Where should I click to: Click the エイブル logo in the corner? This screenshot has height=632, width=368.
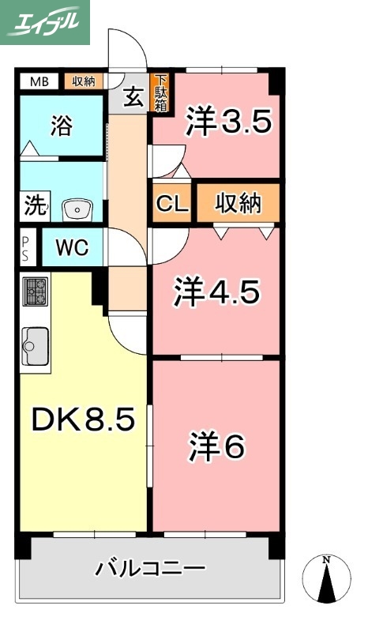[x=45, y=22]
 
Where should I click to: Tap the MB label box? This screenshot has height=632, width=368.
[x=38, y=81]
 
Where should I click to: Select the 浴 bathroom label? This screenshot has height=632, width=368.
[x=61, y=126]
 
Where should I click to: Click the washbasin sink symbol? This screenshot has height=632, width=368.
[x=77, y=209]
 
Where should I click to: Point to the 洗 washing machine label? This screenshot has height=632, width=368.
[x=34, y=207]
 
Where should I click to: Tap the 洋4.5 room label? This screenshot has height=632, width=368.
[x=216, y=293]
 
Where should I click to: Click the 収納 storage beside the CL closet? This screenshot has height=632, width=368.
[x=238, y=204]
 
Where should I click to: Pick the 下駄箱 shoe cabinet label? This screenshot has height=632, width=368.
[x=160, y=93]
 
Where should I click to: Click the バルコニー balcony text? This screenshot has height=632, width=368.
[x=151, y=568]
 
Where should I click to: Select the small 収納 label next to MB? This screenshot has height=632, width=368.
[x=84, y=81]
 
